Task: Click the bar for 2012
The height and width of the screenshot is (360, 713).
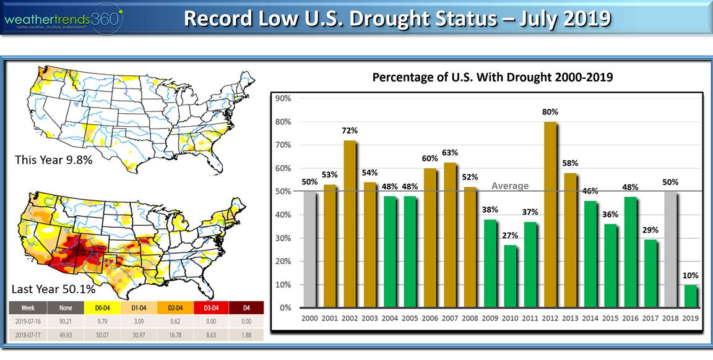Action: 550,215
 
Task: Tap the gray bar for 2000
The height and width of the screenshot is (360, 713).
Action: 309,249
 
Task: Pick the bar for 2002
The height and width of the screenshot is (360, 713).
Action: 349,224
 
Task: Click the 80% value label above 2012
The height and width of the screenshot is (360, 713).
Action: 550,112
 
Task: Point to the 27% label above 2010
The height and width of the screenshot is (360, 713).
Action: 510,235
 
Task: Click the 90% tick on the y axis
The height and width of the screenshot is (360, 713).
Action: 283,98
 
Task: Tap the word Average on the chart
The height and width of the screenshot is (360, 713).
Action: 510,186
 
